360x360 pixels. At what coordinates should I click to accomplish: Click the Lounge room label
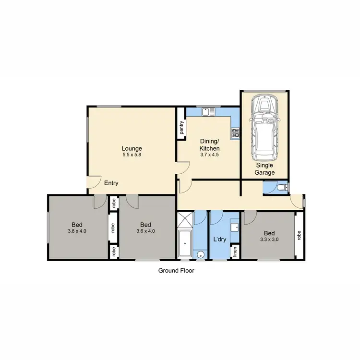click(132, 148)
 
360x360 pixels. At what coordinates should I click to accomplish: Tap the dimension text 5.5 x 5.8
click(132, 155)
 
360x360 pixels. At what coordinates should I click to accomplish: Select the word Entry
click(110, 183)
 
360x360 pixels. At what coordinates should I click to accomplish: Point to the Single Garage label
click(265, 168)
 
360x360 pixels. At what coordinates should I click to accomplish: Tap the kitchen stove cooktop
click(235, 133)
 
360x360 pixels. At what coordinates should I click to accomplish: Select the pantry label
click(181, 127)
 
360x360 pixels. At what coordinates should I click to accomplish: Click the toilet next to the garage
click(282, 187)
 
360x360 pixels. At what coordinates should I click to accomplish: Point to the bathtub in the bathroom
click(185, 244)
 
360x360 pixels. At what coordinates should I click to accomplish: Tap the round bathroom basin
click(201, 254)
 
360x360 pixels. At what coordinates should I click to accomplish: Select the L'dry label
click(220, 239)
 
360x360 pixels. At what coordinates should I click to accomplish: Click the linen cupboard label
click(236, 252)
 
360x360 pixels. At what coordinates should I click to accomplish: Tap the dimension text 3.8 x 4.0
click(77, 231)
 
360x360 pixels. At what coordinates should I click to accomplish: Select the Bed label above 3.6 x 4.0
click(146, 225)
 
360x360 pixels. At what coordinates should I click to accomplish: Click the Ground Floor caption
click(176, 270)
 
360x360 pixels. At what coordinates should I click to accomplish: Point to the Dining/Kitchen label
click(209, 144)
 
